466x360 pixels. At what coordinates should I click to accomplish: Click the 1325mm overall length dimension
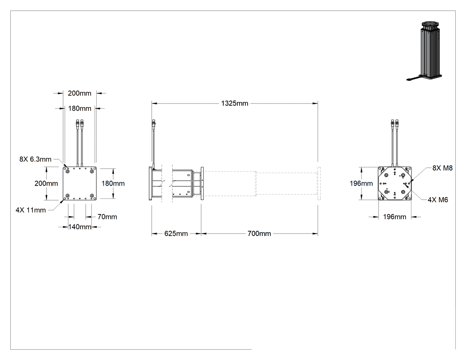coord(234,103)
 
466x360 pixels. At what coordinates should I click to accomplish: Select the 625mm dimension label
coord(176,233)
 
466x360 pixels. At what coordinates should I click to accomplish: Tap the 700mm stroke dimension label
coord(259,233)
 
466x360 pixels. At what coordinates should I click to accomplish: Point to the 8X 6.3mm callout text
coord(36,159)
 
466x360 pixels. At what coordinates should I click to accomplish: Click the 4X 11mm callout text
coord(31,210)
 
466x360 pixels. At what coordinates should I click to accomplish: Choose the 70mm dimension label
coord(107,217)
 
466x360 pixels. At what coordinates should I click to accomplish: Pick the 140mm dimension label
coord(79,227)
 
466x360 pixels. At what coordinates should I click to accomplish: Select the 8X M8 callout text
coord(442,168)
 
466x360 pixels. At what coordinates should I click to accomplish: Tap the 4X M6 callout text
coord(438,200)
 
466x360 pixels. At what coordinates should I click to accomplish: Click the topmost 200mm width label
coord(79,93)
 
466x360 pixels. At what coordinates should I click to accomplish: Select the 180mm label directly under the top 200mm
coord(79,108)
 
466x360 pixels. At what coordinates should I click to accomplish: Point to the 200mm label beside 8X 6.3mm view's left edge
coord(46,183)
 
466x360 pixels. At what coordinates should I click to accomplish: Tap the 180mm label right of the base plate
coord(113,183)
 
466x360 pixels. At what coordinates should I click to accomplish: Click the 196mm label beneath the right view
coord(395,217)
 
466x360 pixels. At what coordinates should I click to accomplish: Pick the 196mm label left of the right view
coord(361,183)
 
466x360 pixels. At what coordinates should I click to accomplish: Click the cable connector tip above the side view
coord(154,122)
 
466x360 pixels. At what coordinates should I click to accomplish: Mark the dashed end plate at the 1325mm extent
coord(319,183)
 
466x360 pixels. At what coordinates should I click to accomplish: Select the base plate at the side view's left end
coord(150,183)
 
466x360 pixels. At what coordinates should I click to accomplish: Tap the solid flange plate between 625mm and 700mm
coord(202,183)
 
